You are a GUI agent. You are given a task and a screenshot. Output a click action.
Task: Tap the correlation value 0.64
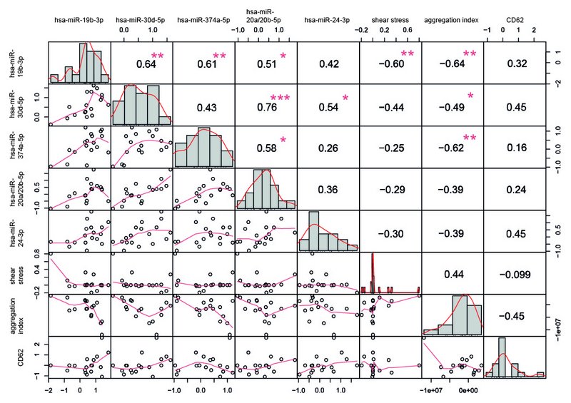[146, 64]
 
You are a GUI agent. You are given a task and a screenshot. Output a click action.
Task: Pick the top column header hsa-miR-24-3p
[328, 21]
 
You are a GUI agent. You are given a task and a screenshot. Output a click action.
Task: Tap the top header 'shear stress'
[390, 21]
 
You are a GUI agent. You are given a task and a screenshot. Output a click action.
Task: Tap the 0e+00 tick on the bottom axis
[467, 391]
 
